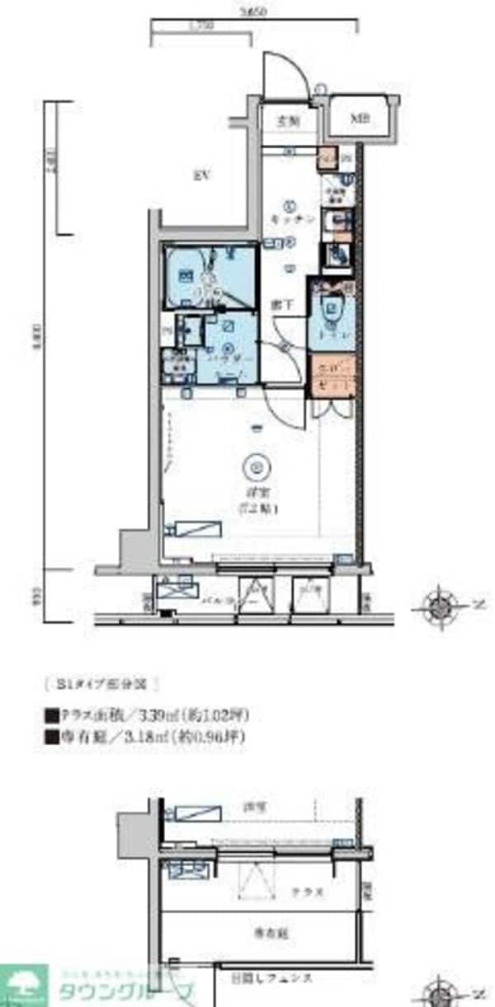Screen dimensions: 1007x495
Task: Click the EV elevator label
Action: pyautogui.click(x=199, y=175)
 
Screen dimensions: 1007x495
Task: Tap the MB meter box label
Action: pyautogui.click(x=359, y=119)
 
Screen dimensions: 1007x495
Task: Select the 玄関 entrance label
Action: pyautogui.click(x=287, y=120)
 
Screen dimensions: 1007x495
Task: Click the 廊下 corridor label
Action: pyautogui.click(x=283, y=303)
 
